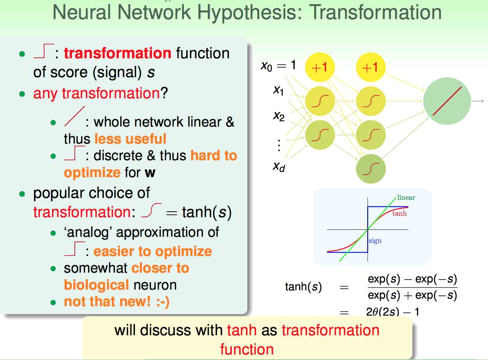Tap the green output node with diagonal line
pos(447,101)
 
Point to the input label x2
pos(279,116)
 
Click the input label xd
pos(279,166)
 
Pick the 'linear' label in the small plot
pos(406,197)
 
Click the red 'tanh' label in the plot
pos(399,213)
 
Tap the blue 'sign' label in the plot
pos(375,241)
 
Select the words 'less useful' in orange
pos(130,139)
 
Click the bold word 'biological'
pos(96,285)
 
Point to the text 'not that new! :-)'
pos(117,302)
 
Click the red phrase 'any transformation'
pos(96,94)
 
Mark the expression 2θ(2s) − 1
pos(393,312)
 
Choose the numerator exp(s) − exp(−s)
pos(412,279)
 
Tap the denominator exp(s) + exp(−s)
pos(412,295)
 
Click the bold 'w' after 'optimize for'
pos(150,172)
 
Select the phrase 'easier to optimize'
pos(153,251)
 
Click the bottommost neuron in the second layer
pos(371,169)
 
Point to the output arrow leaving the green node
pos(477,101)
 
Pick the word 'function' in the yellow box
pos(247,349)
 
